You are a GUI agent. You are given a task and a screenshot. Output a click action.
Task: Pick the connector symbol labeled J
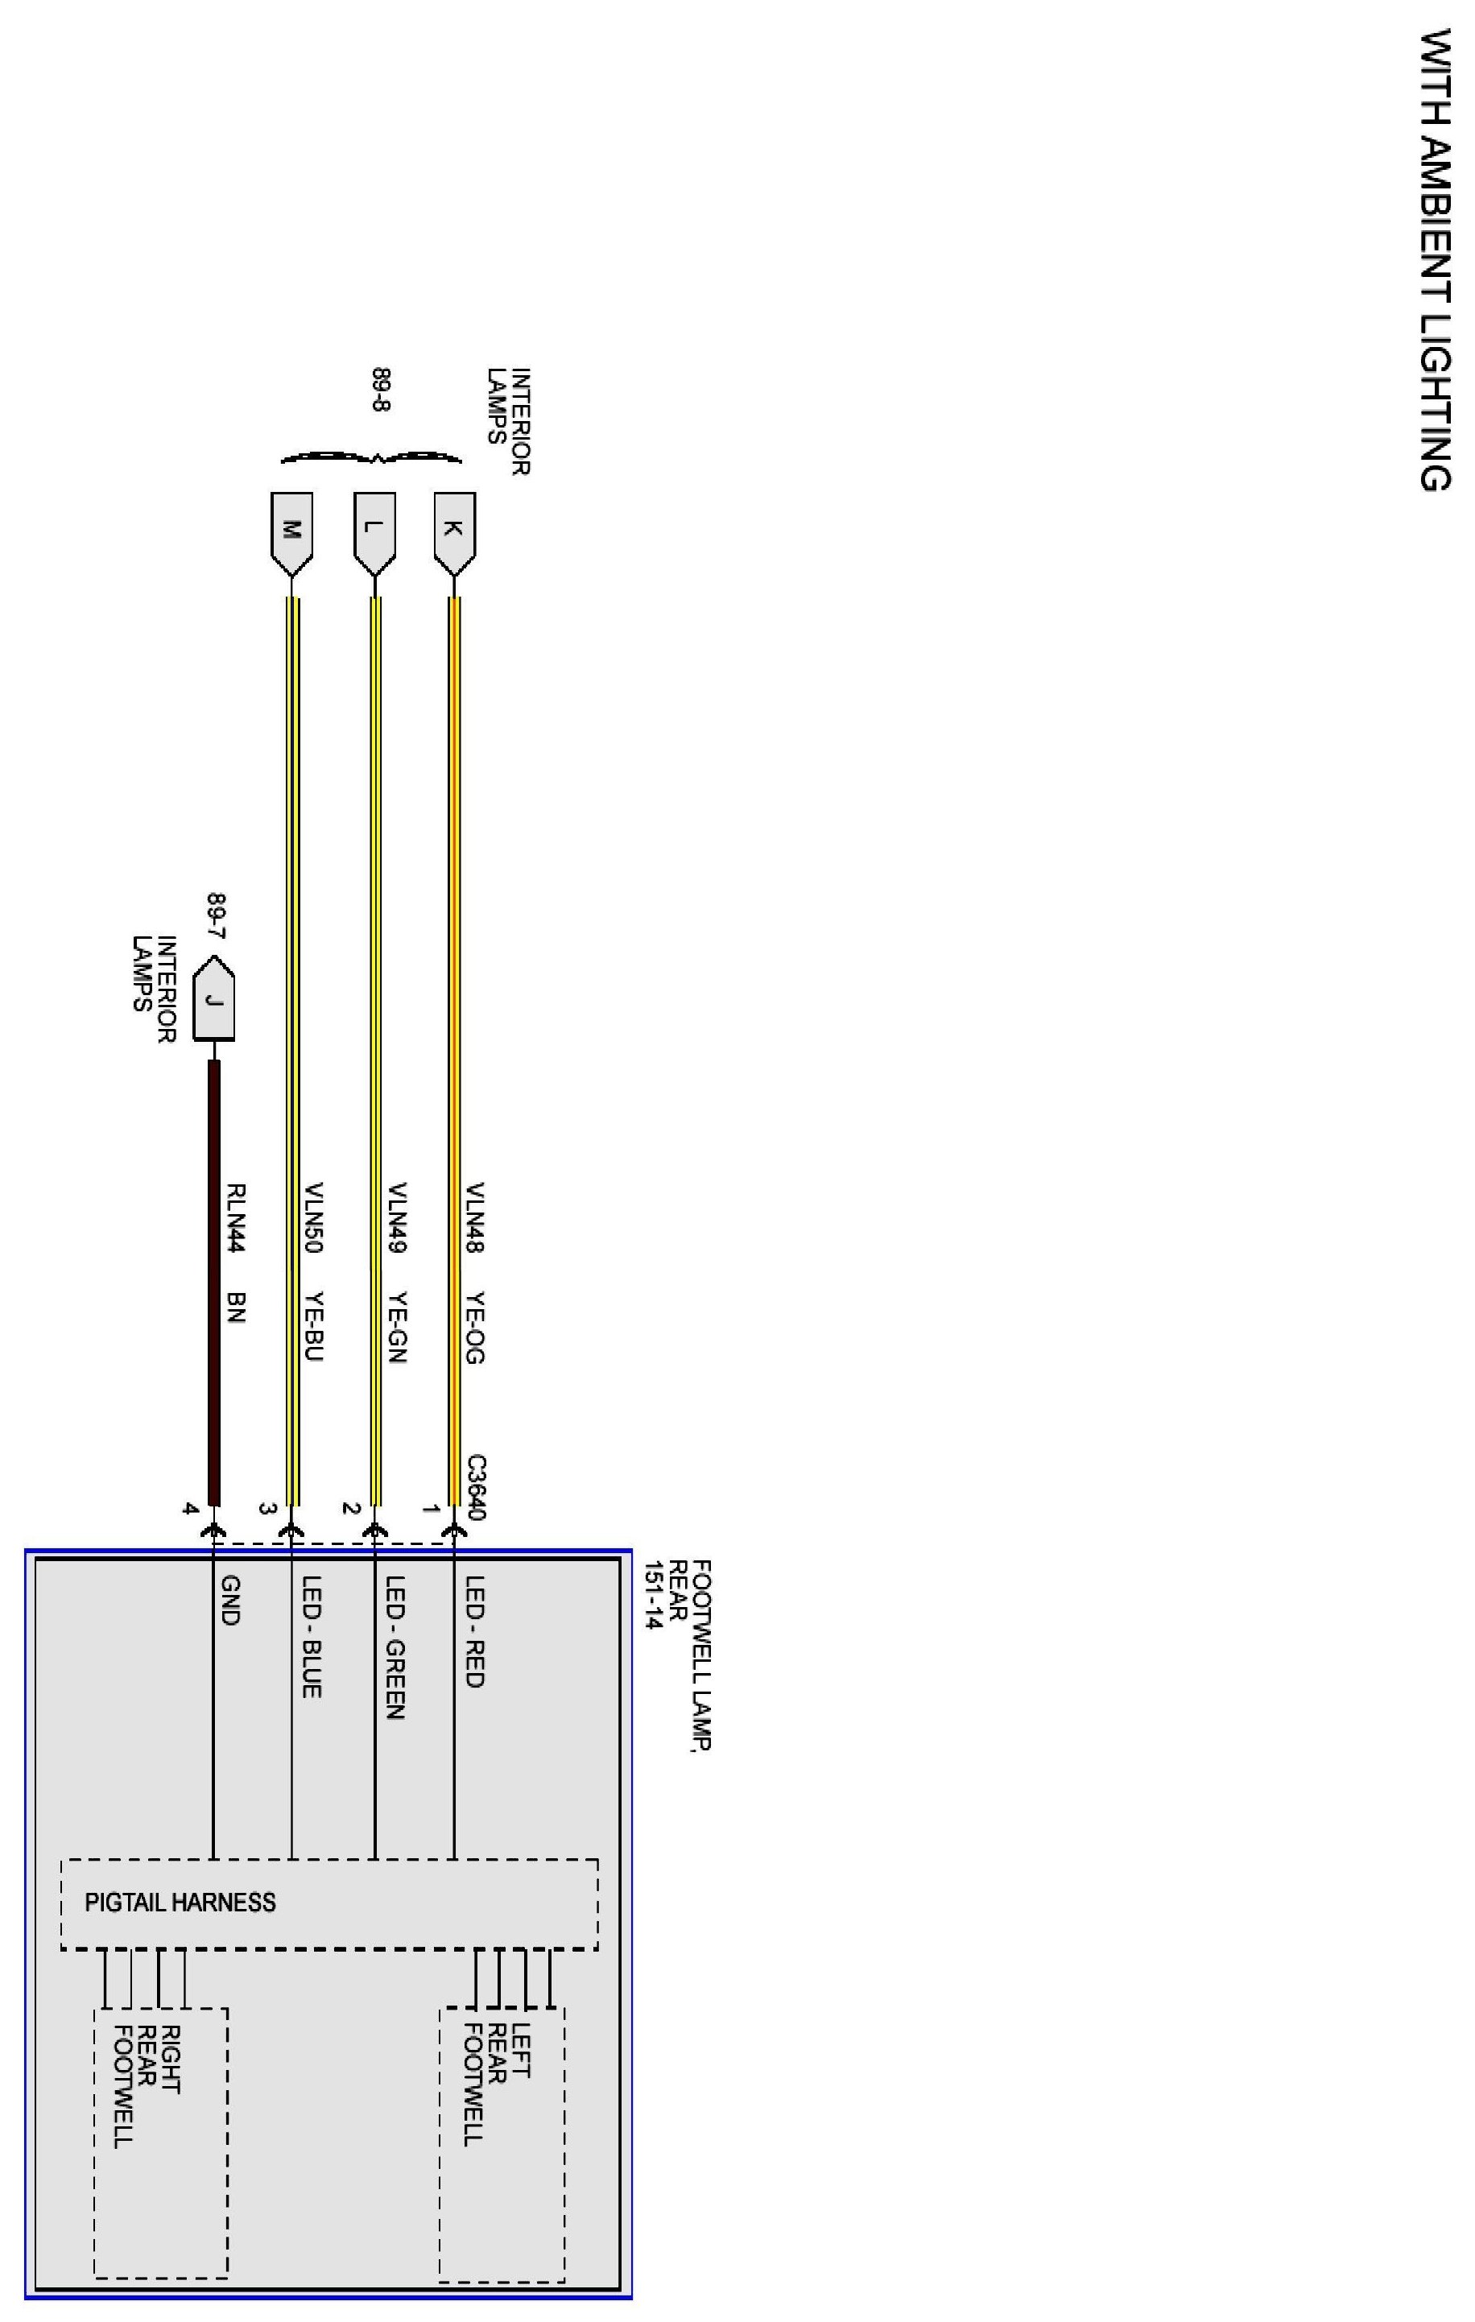click(x=214, y=1000)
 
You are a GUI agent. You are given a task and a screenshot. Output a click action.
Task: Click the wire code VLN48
click(x=474, y=1218)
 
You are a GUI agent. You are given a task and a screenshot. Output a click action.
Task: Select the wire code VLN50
click(x=313, y=1218)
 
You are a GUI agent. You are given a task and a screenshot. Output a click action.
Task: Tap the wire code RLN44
click(x=236, y=1218)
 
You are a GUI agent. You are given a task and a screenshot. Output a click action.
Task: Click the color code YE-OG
click(x=474, y=1328)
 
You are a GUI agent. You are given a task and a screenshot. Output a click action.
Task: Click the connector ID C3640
click(x=474, y=1487)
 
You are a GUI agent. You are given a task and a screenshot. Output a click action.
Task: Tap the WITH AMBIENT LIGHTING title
click(x=1436, y=260)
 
